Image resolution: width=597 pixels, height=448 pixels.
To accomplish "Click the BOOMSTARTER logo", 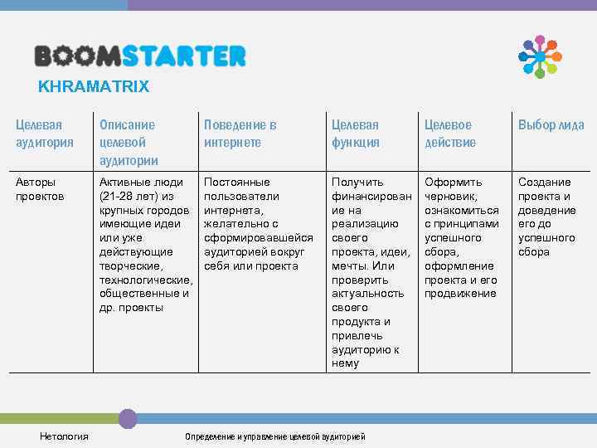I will coord(140,56).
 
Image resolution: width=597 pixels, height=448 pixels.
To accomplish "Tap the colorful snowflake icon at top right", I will coord(540,56).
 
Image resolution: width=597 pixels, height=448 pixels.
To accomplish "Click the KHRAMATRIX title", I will coord(94,85).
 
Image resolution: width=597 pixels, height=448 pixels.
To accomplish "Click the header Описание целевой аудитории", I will coord(128,141).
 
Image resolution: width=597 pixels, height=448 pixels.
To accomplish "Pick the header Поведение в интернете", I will coord(240,133).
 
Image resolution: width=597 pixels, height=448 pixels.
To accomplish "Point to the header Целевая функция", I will coord(356,133).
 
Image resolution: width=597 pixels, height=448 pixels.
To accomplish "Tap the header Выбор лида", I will coord(551,125).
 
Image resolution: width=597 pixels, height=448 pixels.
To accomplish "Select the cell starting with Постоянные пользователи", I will coord(241,189).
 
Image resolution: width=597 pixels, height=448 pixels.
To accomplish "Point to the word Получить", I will coord(357,182).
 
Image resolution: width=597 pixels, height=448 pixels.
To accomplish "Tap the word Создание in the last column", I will coord(544,182).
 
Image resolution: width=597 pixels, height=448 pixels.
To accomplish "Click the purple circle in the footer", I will coord(127,418).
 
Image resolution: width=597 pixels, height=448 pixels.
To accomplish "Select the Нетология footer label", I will coord(64,436).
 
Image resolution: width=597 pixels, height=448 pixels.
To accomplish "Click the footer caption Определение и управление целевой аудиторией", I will coord(274,436).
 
